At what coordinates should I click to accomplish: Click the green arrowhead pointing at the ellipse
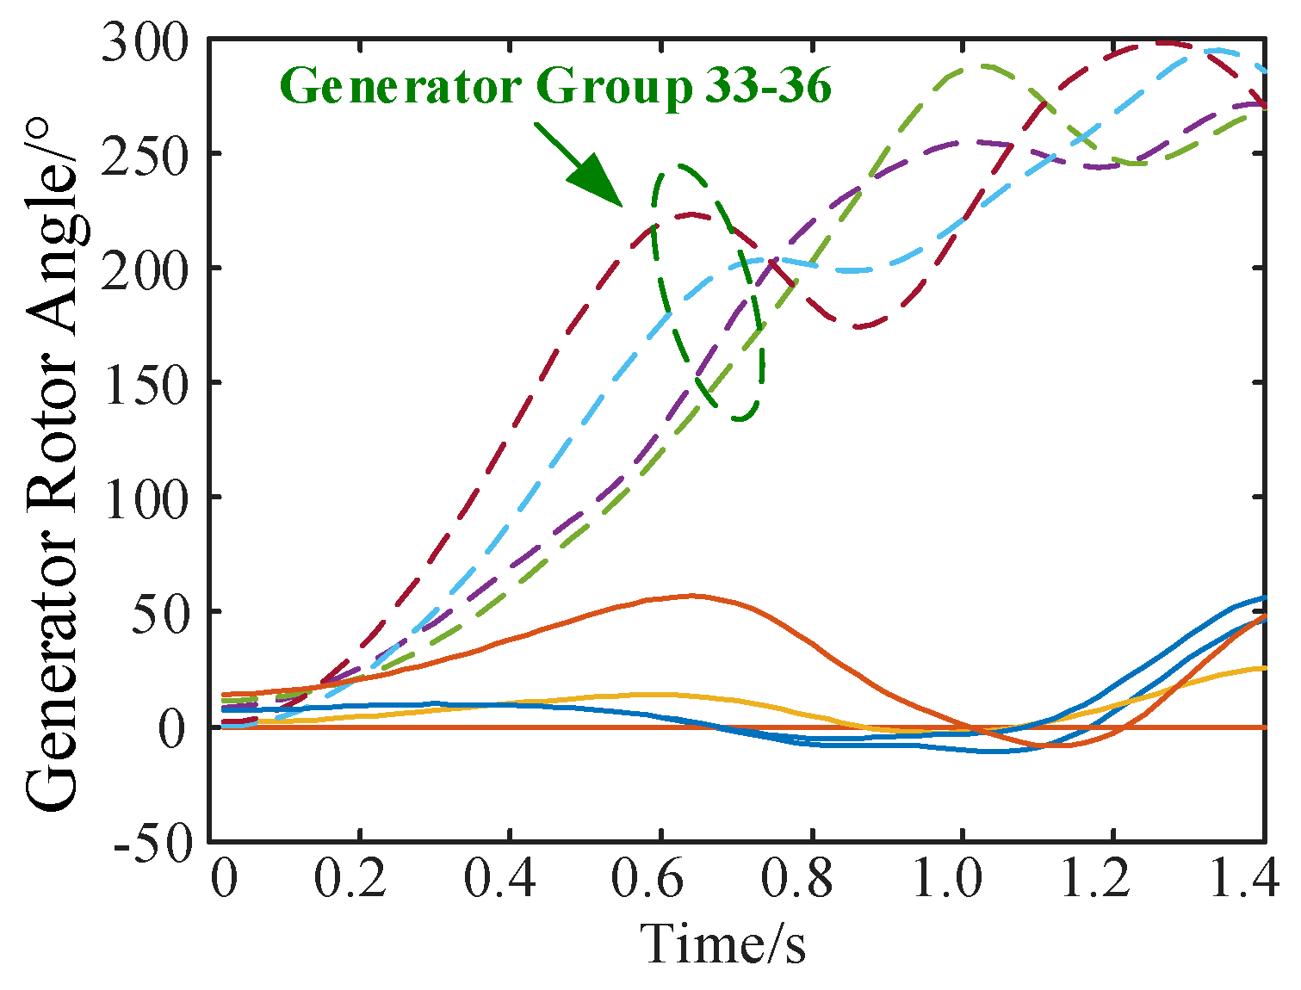598,182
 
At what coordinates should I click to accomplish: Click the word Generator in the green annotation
400,86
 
